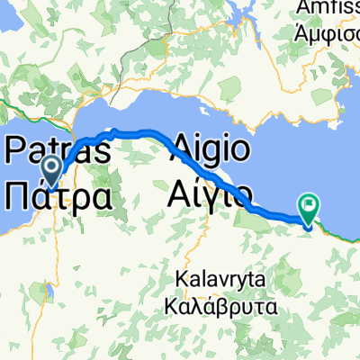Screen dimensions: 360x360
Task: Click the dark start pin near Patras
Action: (50, 166)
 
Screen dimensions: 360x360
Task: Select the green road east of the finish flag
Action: (342, 232)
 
